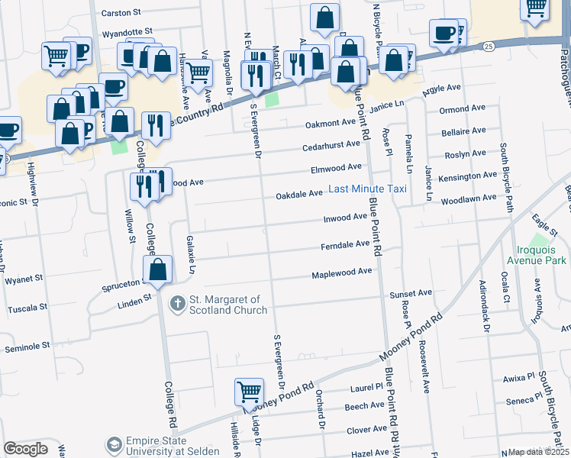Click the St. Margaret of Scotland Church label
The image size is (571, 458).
228,305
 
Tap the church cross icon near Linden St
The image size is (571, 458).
177,305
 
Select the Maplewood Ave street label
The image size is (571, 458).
341,272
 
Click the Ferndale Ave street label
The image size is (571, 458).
345,244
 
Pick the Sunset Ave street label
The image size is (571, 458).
411,292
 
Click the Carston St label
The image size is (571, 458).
121,13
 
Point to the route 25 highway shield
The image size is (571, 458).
489,47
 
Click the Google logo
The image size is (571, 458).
25,449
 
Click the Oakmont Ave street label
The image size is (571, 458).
331,122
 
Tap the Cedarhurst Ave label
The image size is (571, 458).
331,144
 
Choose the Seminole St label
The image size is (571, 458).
27,346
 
